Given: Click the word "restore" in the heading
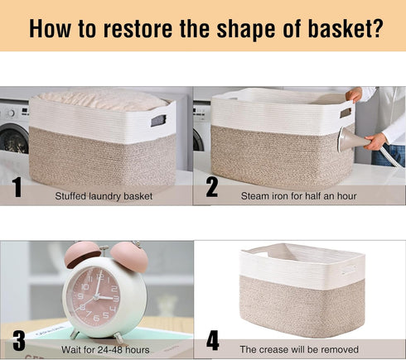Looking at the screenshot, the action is coord(138,29).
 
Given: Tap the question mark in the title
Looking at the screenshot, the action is coord(377,28).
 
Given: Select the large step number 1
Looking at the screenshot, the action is coord(17,187).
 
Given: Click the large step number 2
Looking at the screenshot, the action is coord(212,187).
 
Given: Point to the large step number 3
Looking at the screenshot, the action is coord(19,341).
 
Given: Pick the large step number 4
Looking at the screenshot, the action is coord(213,340).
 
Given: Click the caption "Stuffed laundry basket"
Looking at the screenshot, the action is coord(104,196).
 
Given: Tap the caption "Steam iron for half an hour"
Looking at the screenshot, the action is coord(298,196).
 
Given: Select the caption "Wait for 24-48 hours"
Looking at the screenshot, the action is coord(105,350).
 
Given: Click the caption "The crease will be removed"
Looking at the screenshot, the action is coord(299,349).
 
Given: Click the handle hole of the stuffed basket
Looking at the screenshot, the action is coord(158,121).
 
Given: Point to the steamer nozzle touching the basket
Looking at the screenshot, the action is coord(352,140).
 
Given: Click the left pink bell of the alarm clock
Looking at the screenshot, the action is coord(82,254).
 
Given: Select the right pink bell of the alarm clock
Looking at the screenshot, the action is coord(130,257).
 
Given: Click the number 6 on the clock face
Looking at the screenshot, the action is coord(96,318).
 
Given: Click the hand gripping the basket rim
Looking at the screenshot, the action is coord(354,94).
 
